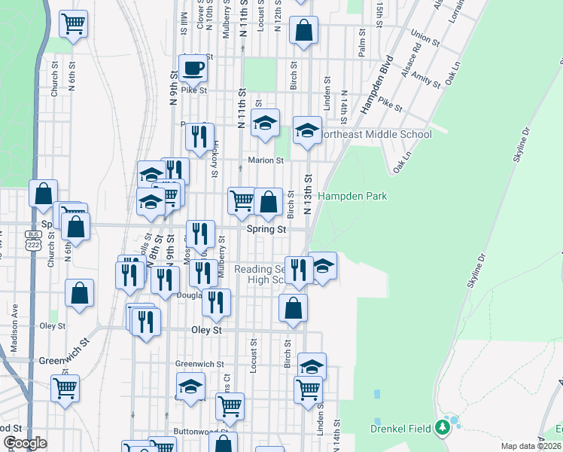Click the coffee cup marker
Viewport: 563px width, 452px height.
pos(193,68)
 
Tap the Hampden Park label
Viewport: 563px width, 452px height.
pos(352,197)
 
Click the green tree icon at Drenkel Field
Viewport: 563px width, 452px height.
pos(443,429)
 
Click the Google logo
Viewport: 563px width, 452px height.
pos(24,443)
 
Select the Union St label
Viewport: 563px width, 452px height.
pos(425,37)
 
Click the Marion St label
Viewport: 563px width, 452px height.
pos(266,160)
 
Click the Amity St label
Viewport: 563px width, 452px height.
pos(426,79)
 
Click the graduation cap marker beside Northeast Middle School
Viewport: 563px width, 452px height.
pos(307,130)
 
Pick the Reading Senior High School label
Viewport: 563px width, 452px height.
pos(260,274)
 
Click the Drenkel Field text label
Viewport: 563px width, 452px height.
pos(401,429)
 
